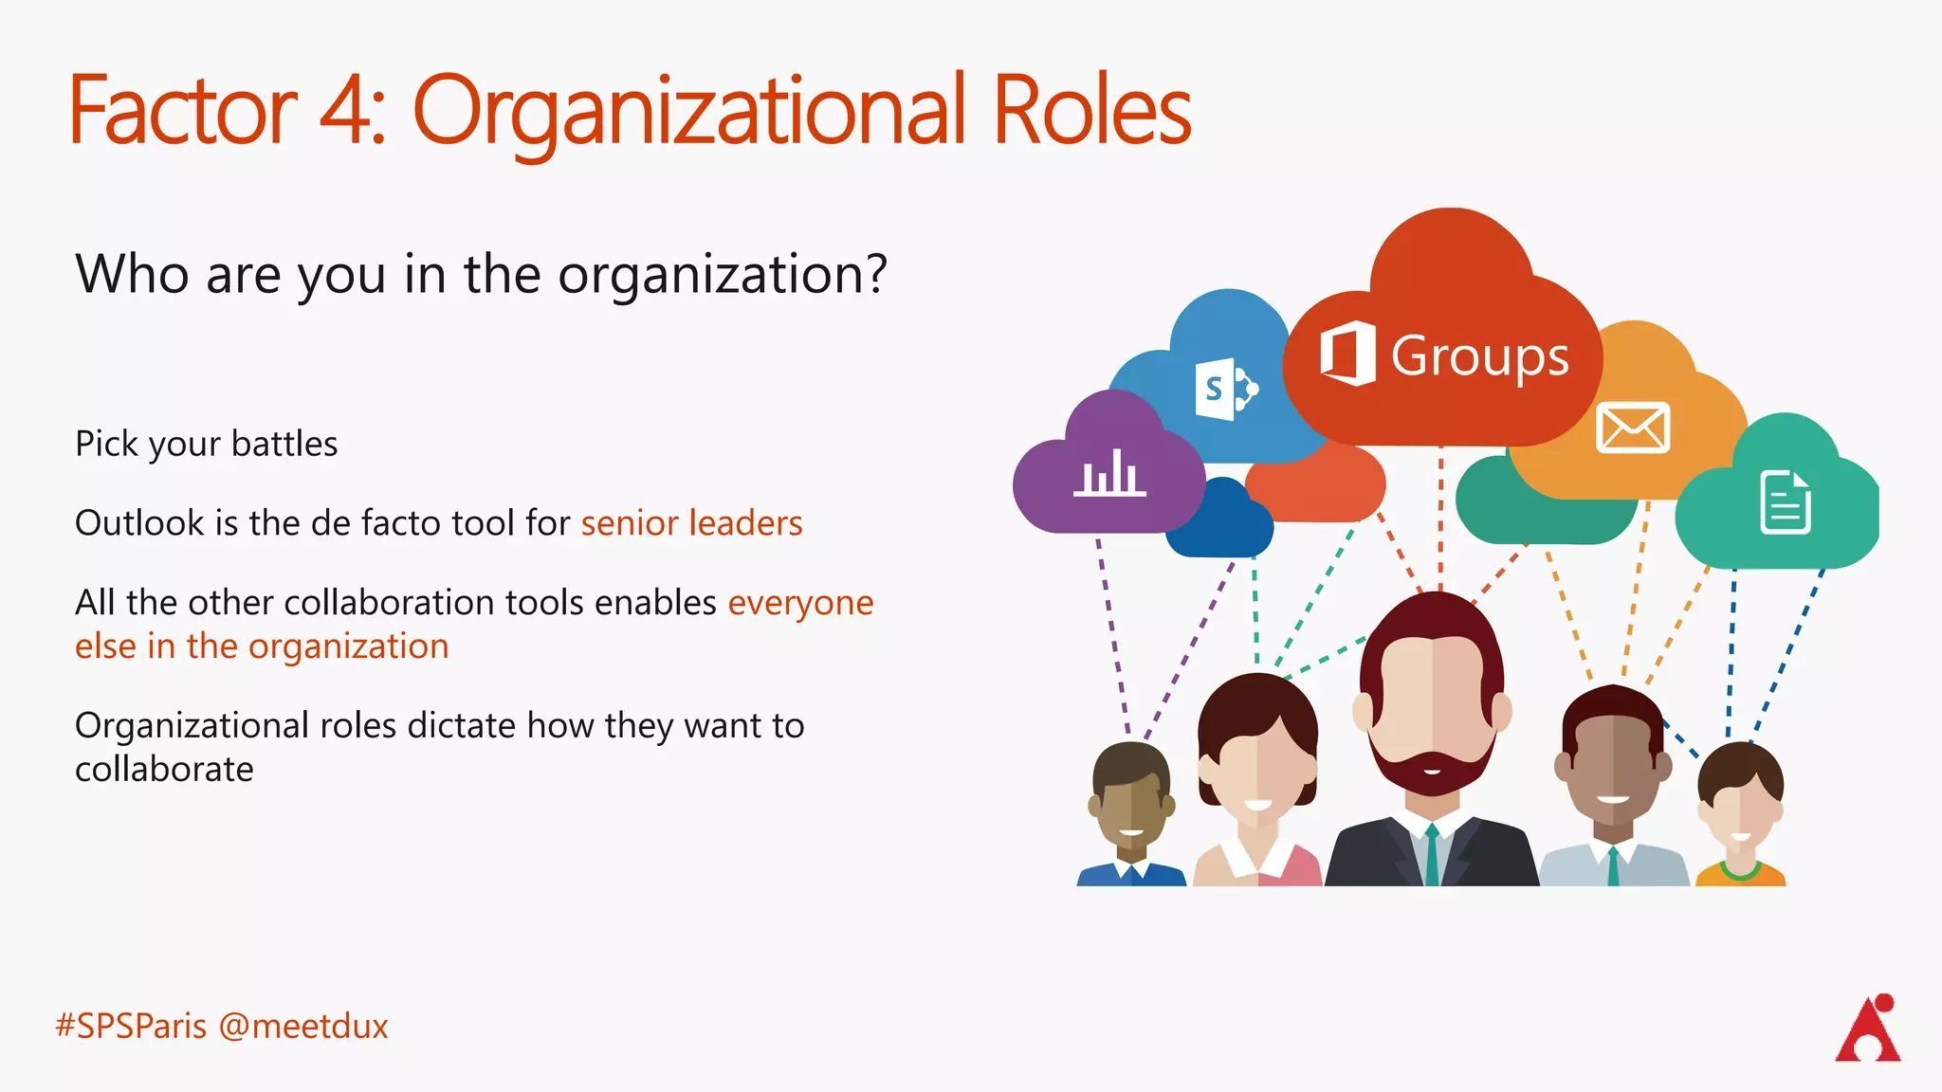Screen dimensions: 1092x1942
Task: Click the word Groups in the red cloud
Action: (1479, 357)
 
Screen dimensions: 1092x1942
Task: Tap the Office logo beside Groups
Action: (1347, 354)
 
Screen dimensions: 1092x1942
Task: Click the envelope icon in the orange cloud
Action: (1632, 428)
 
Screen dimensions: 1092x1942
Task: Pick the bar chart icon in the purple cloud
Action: (1109, 473)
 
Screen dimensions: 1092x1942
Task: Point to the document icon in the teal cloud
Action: (1786, 502)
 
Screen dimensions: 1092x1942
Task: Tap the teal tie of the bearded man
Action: (1432, 853)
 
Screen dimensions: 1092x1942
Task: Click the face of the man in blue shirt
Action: (1131, 806)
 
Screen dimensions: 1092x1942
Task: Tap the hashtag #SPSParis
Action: (131, 1027)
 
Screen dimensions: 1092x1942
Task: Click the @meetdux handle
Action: (303, 1027)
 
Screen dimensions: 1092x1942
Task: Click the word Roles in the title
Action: (1090, 112)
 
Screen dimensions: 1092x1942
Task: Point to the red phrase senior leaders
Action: (691, 523)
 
